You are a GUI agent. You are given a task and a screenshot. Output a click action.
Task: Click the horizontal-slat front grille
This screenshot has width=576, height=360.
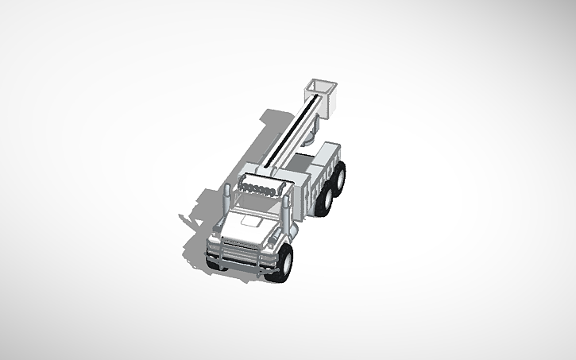(238, 242)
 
